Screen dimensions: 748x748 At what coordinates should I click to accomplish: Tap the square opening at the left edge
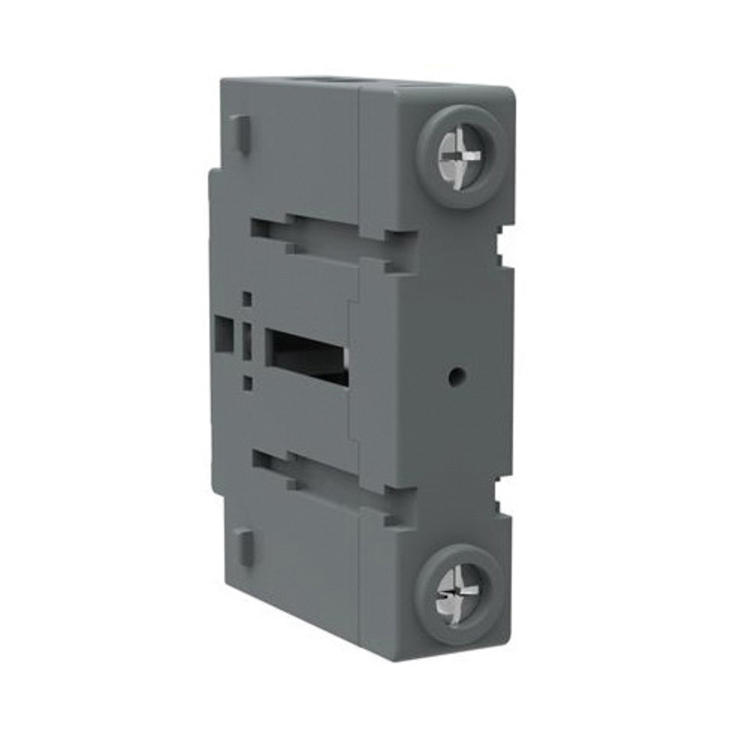(222, 331)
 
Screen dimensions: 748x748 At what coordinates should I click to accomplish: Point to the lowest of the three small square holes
(247, 383)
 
